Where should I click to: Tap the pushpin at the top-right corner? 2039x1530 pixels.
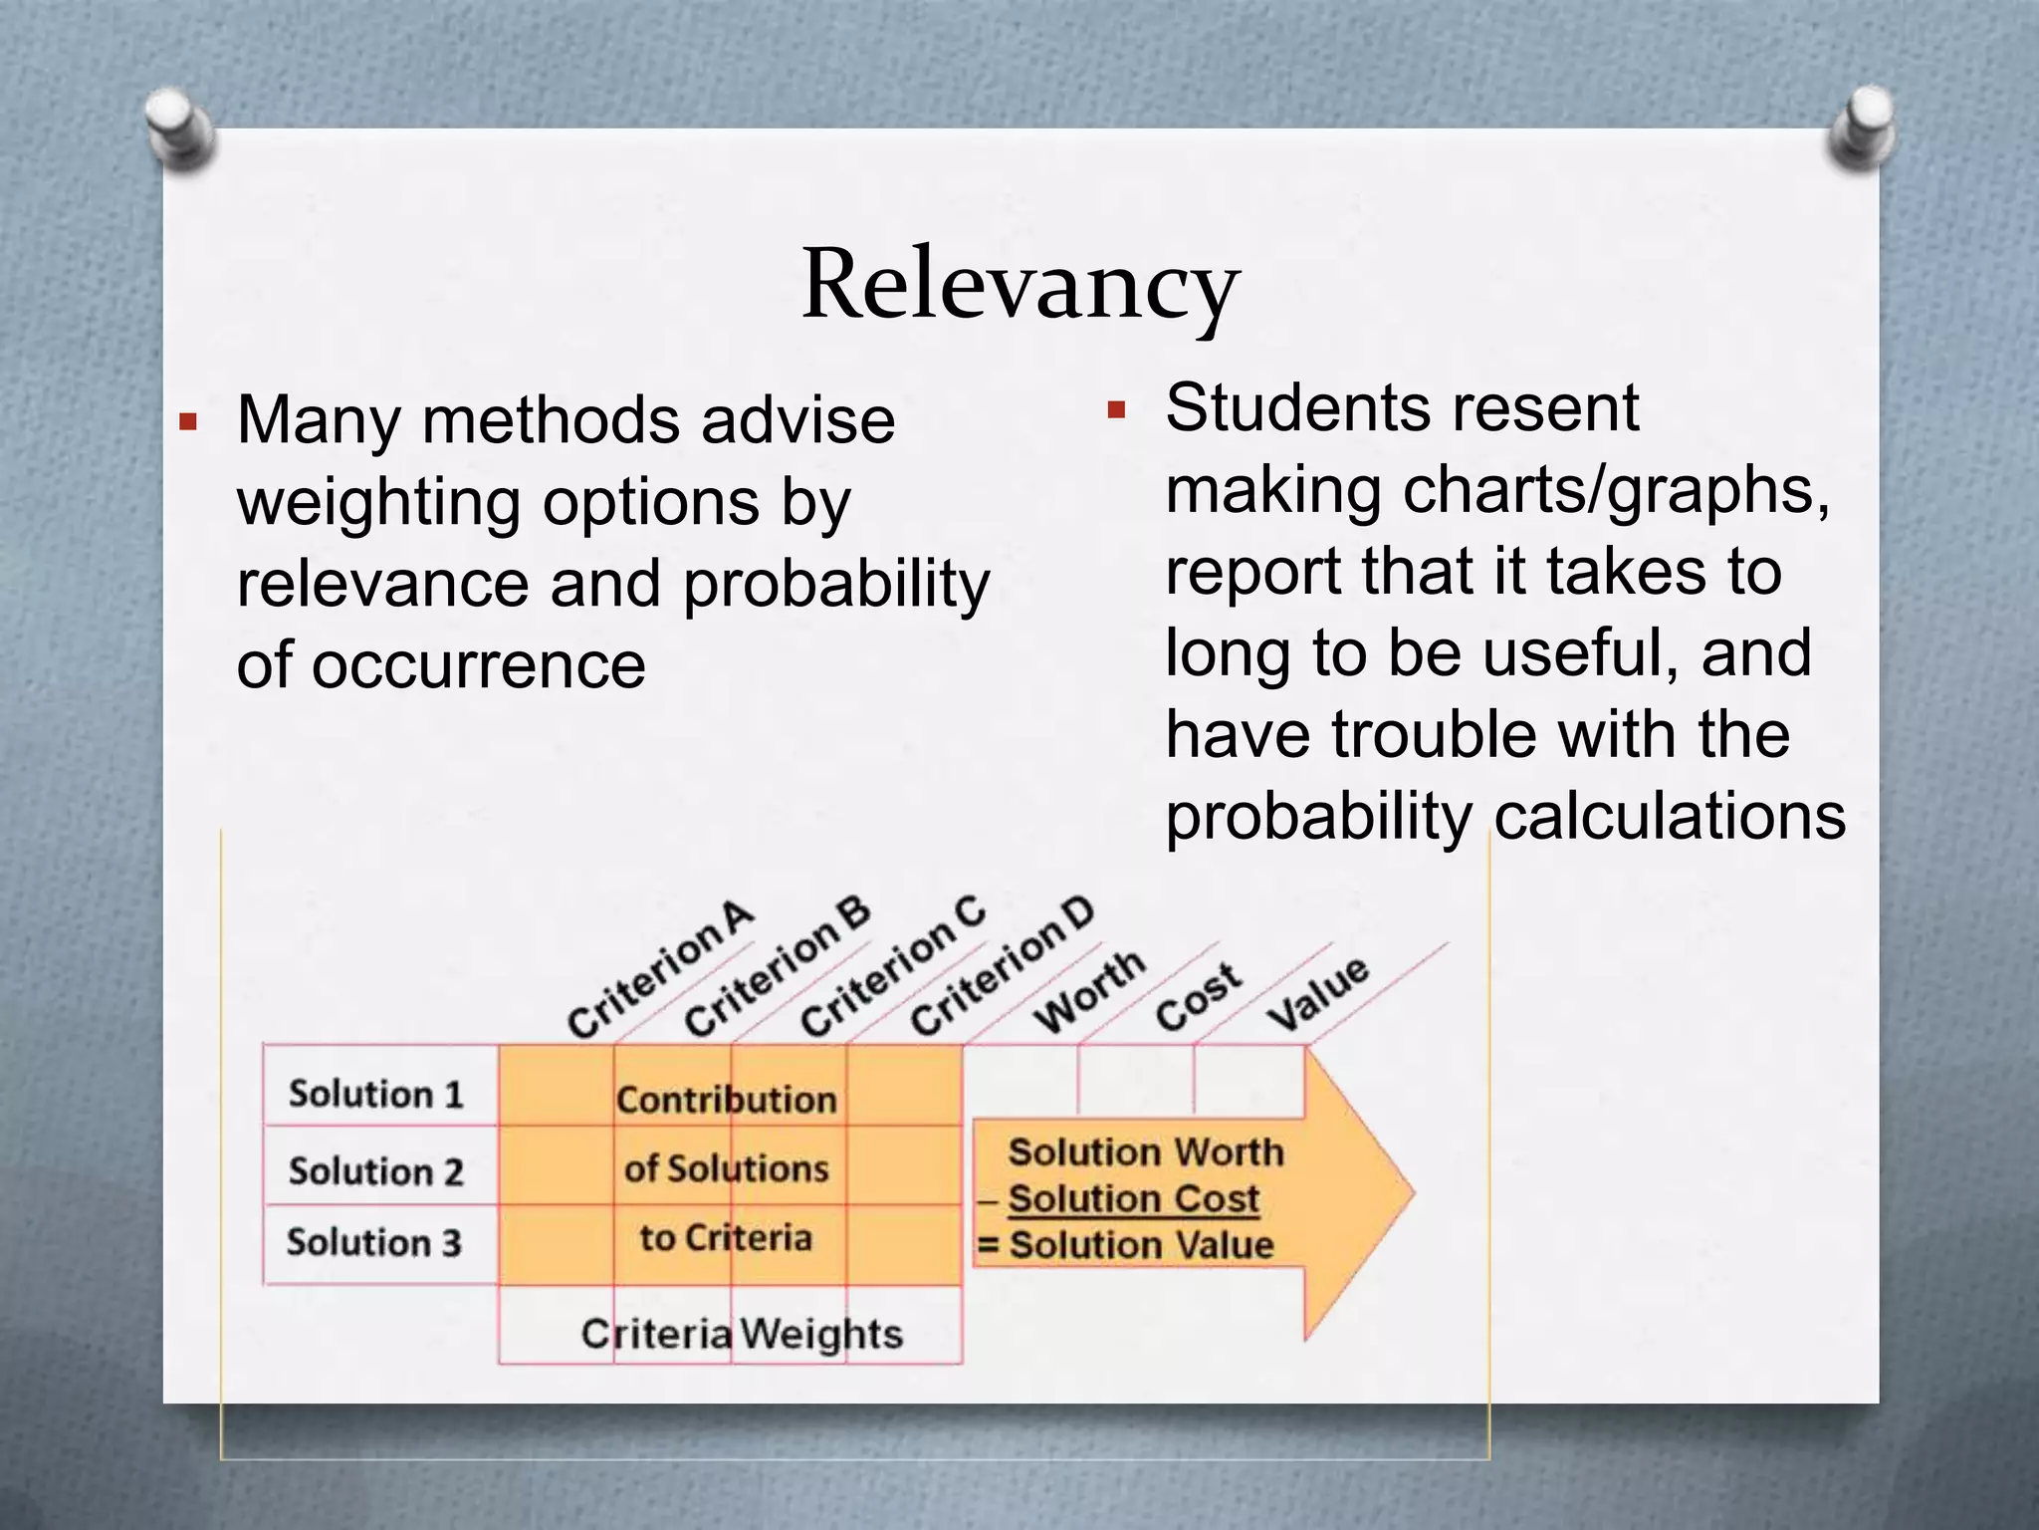click(x=1862, y=127)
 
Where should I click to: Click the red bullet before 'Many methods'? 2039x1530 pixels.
click(x=187, y=422)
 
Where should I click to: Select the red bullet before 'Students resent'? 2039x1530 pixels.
click(x=1116, y=409)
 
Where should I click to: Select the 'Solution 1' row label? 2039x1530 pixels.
click(x=376, y=1094)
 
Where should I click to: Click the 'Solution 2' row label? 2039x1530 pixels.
click(x=376, y=1170)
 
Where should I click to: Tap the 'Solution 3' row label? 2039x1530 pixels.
click(x=374, y=1242)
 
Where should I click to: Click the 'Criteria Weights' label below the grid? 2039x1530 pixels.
click(x=741, y=1334)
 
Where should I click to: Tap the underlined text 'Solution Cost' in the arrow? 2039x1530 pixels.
click(x=1133, y=1198)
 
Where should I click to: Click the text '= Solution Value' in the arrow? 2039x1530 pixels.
click(x=1127, y=1245)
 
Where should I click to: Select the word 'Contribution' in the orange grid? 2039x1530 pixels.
click(x=727, y=1100)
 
